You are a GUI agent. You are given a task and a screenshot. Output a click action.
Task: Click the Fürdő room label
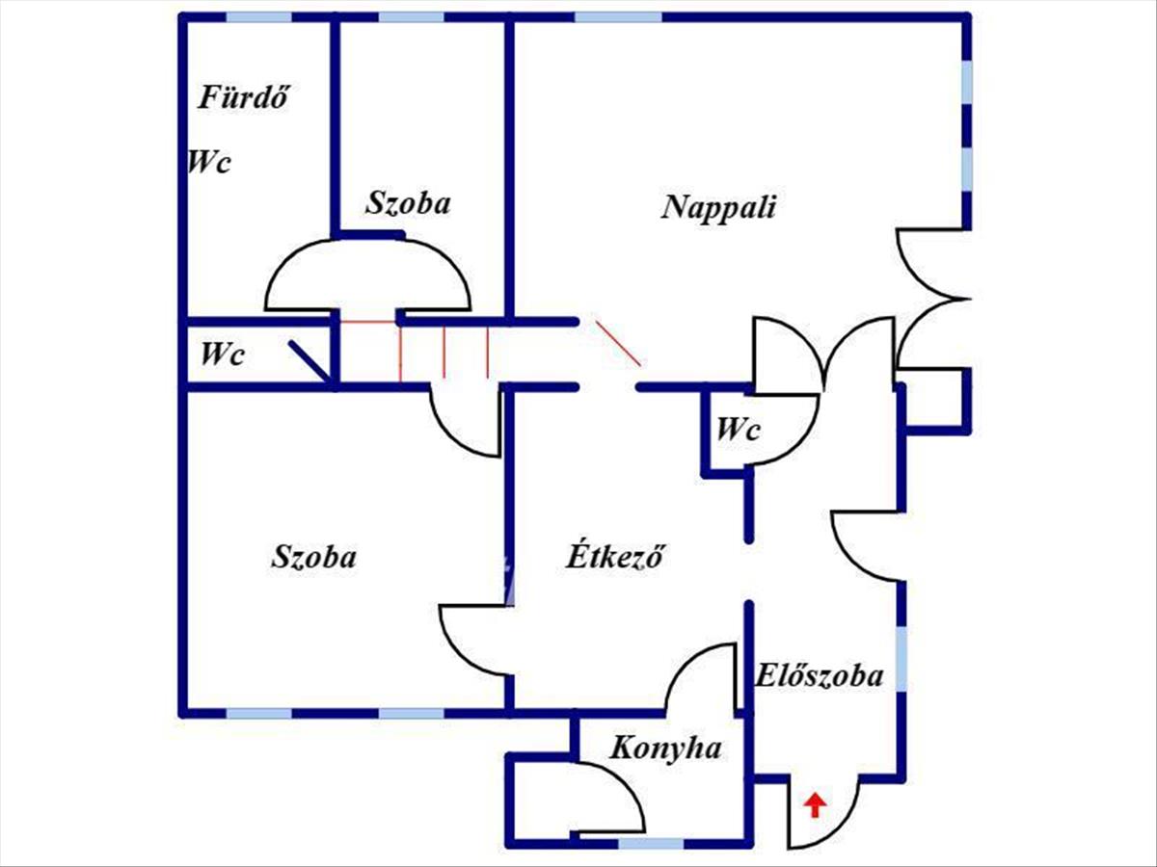[x=244, y=98]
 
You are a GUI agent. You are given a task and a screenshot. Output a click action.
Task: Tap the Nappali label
[x=719, y=207]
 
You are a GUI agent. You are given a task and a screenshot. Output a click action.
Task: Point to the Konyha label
[x=665, y=749]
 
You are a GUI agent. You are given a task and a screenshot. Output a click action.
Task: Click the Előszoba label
[x=820, y=675]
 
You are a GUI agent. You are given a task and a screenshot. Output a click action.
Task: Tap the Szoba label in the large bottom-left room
[x=313, y=557]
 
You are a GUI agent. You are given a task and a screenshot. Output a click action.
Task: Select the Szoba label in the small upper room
[x=409, y=202]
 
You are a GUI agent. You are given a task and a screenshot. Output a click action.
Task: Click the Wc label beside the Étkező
[x=738, y=429]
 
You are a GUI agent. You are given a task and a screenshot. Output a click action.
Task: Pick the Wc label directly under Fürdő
[x=209, y=162]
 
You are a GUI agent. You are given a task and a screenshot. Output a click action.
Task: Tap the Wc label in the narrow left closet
[x=223, y=354]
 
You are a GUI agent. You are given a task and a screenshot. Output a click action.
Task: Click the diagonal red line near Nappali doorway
[x=619, y=343]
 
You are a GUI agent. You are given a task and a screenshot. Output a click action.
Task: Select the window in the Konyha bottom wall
[x=651, y=844]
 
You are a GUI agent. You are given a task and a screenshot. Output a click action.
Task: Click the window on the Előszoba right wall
[x=901, y=659]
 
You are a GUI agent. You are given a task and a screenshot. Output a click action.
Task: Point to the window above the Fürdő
[x=258, y=17]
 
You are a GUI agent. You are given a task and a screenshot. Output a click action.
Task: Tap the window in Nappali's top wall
[x=618, y=17]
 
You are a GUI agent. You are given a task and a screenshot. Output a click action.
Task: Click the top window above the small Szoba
[x=411, y=17]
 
